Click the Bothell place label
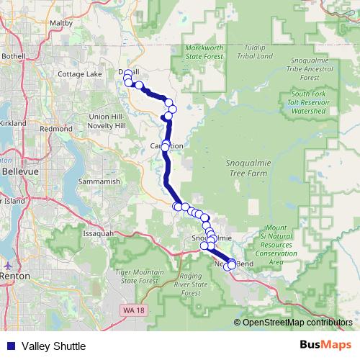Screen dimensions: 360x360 coord(13,55)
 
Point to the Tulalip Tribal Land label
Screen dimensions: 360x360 coord(256,51)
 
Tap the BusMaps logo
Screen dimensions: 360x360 coord(326,346)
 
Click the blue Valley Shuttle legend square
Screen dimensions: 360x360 coord(9,346)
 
